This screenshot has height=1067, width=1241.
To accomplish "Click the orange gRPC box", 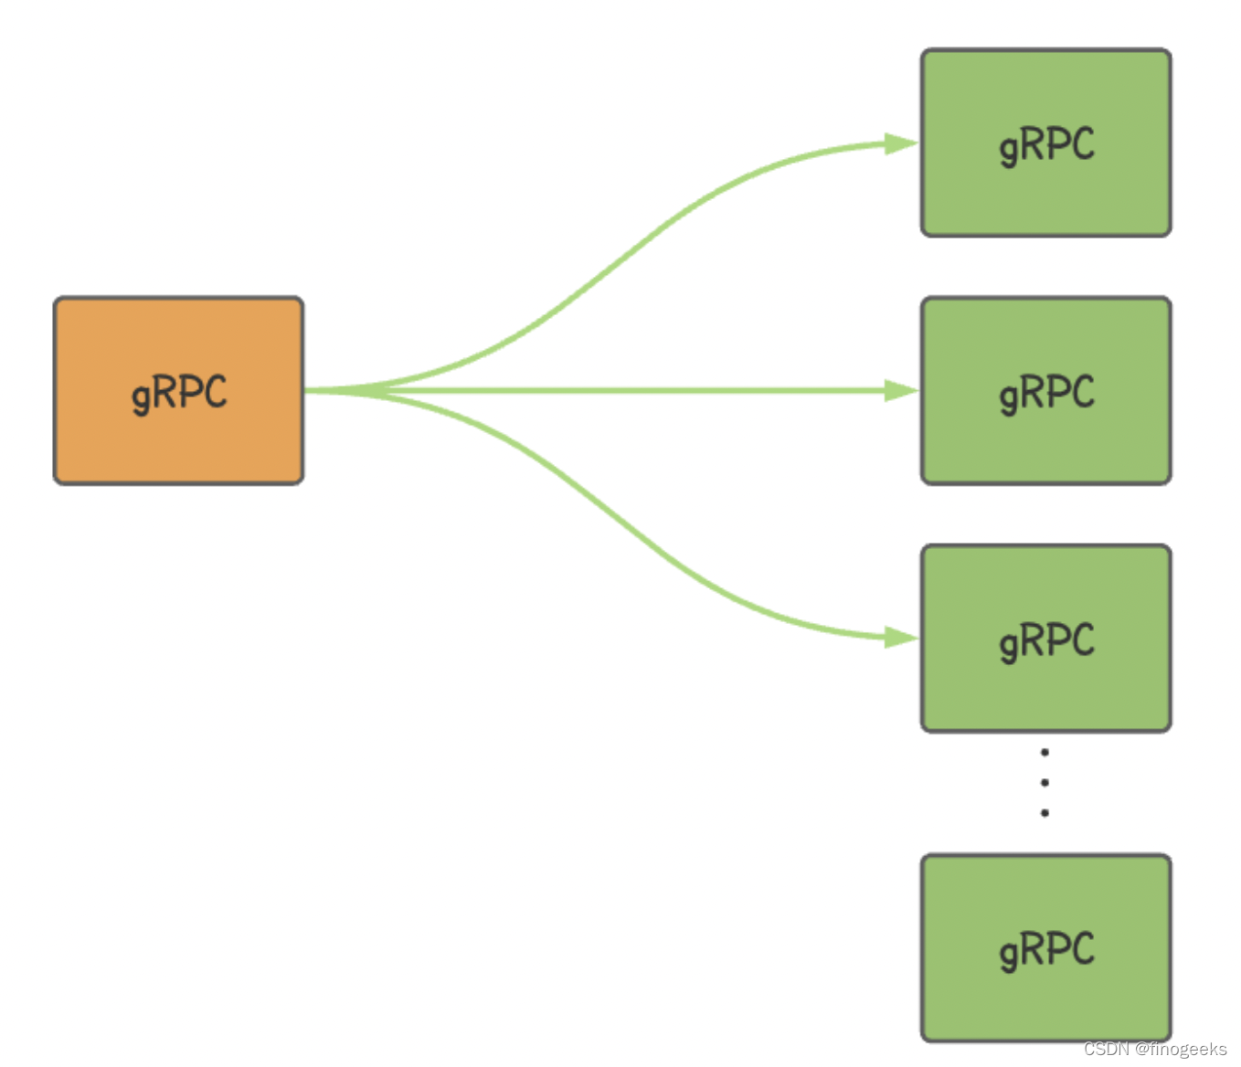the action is pyautogui.click(x=178, y=391).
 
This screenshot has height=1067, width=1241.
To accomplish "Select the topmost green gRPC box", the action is pyautogui.click(x=1045, y=143).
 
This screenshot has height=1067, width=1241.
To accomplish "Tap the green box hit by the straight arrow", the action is pyautogui.click(x=1045, y=391).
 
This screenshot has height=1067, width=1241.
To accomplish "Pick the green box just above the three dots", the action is pyautogui.click(x=1045, y=639).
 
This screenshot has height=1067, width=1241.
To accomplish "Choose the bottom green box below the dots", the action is pyautogui.click(x=1045, y=947).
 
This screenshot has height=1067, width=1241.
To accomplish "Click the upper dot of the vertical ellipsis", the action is pyautogui.click(x=1045, y=752).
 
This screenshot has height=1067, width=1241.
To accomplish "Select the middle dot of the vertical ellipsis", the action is pyautogui.click(x=1045, y=783).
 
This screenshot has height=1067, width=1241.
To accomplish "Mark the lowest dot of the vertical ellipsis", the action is pyautogui.click(x=1045, y=813).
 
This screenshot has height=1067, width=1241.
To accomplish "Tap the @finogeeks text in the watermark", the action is pyautogui.click(x=1181, y=1049).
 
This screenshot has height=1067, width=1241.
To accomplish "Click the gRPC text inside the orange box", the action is pyautogui.click(x=179, y=394).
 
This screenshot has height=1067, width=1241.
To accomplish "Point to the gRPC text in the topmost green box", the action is pyautogui.click(x=1047, y=146).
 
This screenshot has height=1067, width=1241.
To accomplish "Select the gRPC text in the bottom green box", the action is pyautogui.click(x=1047, y=951).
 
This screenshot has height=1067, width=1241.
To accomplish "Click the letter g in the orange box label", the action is pyautogui.click(x=141, y=398).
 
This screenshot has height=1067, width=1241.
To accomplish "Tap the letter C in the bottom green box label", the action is pyautogui.click(x=1083, y=947).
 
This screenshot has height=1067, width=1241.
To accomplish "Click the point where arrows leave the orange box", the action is pyautogui.click(x=305, y=391).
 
